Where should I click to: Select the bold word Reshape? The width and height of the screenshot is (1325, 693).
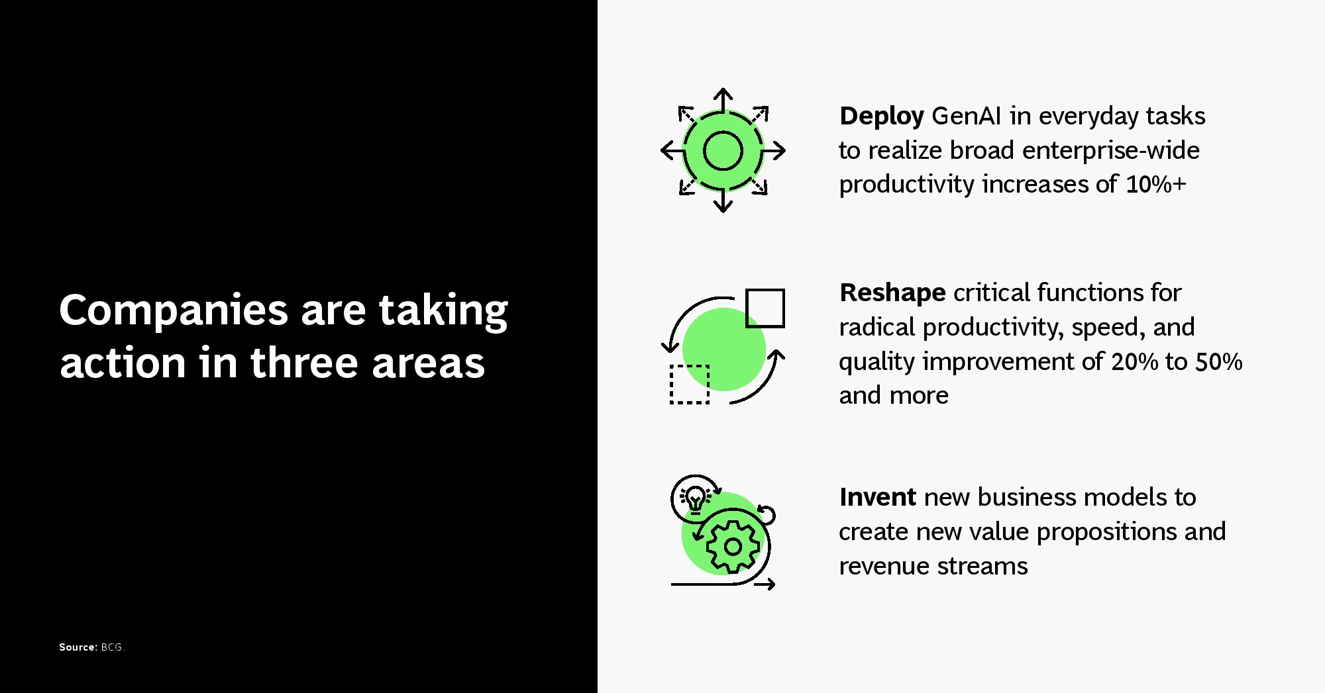[892, 293]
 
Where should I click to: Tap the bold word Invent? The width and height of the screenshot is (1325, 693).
[878, 497]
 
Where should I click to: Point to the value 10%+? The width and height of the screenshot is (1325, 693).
[1156, 184]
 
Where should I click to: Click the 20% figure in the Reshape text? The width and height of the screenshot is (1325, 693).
[1135, 361]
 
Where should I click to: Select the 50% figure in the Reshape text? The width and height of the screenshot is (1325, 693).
[1219, 361]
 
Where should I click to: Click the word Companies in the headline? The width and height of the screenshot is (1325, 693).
[174, 311]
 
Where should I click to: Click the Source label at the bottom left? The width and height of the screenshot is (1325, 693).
[78, 647]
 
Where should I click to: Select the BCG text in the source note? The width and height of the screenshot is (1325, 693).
[113, 647]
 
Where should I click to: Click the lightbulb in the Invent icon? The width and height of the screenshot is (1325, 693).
[695, 498]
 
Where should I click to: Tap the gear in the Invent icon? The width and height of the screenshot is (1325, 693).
[733, 547]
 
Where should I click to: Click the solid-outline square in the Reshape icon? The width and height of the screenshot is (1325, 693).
[765, 308]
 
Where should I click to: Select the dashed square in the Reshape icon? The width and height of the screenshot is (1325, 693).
[690, 384]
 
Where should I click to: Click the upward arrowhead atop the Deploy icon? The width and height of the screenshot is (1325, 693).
[723, 93]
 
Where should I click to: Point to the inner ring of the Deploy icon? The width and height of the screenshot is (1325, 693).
[723, 131]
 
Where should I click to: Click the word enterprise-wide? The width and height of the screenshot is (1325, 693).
[1111, 151]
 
